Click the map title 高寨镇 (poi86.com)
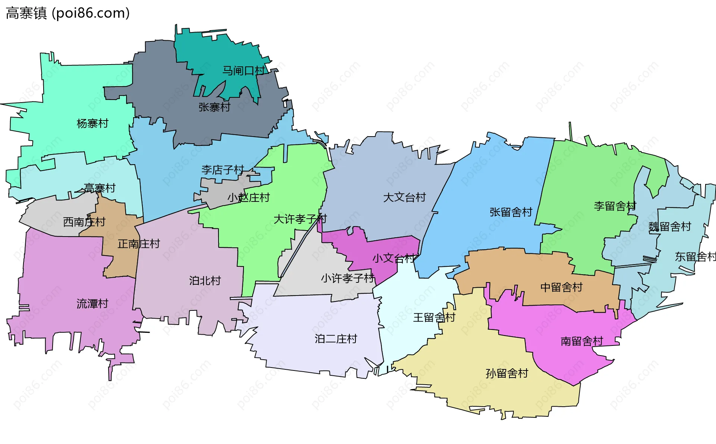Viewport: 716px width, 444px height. [68, 13]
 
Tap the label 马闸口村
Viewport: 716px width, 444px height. [244, 71]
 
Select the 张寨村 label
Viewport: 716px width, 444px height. [214, 107]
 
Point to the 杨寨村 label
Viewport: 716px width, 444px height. [92, 123]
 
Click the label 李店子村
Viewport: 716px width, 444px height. [223, 170]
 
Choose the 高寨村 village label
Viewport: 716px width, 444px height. [100, 188]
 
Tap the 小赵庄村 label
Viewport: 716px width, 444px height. [248, 197]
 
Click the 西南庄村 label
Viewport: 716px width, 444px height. [84, 222]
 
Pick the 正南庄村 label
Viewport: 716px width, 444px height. [139, 244]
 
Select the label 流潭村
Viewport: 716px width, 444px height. [92, 304]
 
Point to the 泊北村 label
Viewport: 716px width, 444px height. [205, 281]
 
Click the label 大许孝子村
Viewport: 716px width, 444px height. [300, 219]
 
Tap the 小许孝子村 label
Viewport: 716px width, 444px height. [348, 278]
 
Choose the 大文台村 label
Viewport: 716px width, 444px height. [405, 197]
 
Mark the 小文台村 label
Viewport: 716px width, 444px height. [394, 258]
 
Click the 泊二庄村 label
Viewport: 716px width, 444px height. [336, 339]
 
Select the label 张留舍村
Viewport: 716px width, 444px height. [511, 212]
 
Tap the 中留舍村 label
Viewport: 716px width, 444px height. [562, 287]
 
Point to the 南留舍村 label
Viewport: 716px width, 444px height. [582, 341]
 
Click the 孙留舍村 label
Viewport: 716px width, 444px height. [507, 373]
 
